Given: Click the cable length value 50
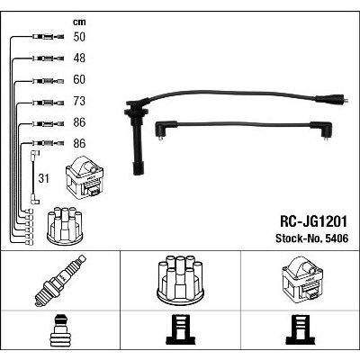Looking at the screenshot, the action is [x=79, y=37].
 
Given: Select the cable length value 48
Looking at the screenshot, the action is [x=79, y=58].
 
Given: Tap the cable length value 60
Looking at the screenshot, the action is [x=79, y=79].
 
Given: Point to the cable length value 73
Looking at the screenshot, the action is [x=79, y=101].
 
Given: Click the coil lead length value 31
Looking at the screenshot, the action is [x=43, y=178].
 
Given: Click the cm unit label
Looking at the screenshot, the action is [x=79, y=22].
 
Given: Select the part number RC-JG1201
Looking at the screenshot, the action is [x=313, y=221].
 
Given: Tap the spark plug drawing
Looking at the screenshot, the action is [x=60, y=281].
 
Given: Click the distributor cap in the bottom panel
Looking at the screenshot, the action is [x=180, y=278].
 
